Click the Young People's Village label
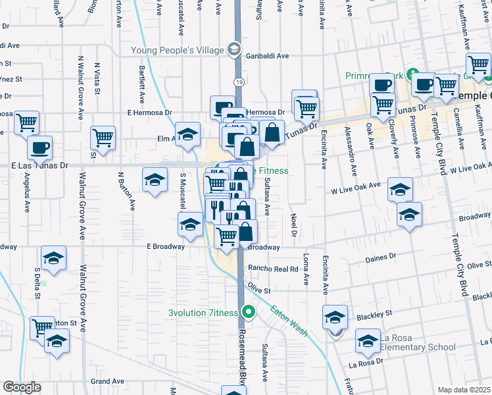click(178, 49)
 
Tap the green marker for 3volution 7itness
click(248, 311)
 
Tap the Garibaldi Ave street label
click(268, 57)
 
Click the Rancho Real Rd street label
click(273, 269)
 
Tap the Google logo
click(22, 387)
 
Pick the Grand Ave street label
click(108, 381)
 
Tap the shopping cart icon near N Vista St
click(103, 137)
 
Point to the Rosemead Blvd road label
click(242, 355)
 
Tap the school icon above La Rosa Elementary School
click(335, 317)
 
